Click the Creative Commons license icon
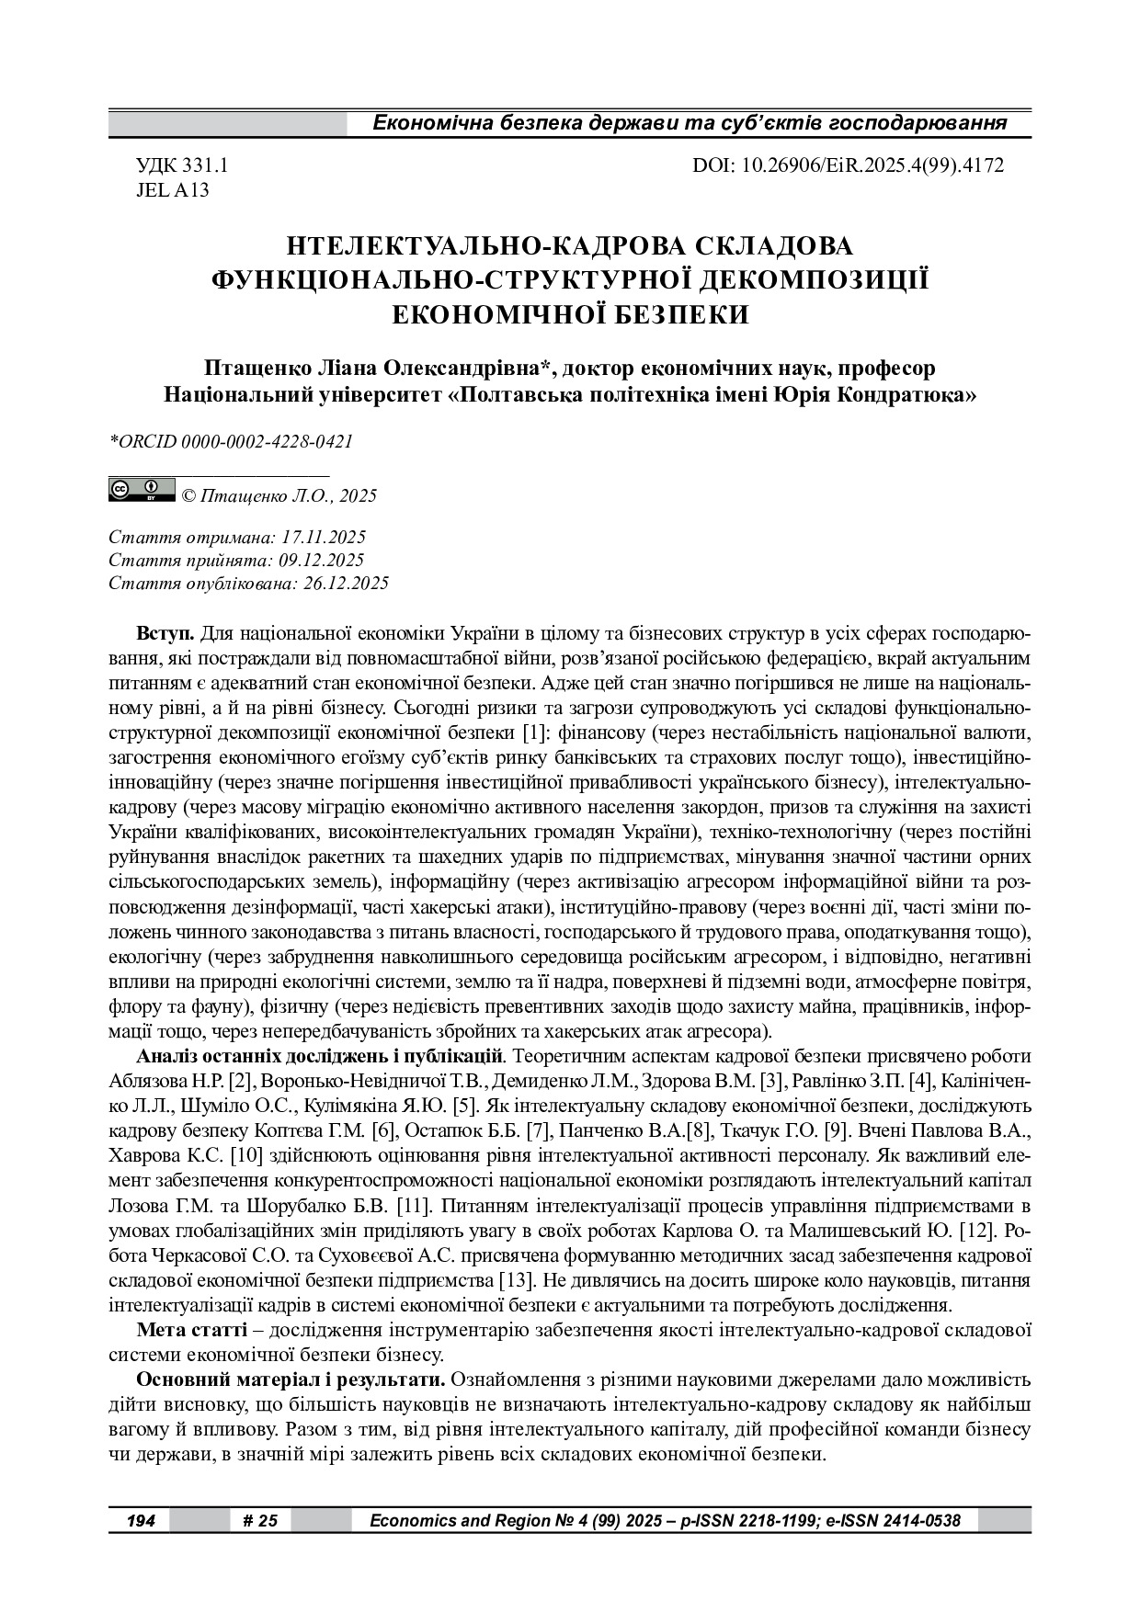pos(142,490)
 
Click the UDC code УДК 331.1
pos(182,165)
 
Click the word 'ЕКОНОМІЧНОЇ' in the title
pos(496,314)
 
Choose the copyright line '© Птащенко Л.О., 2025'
pos(279,496)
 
